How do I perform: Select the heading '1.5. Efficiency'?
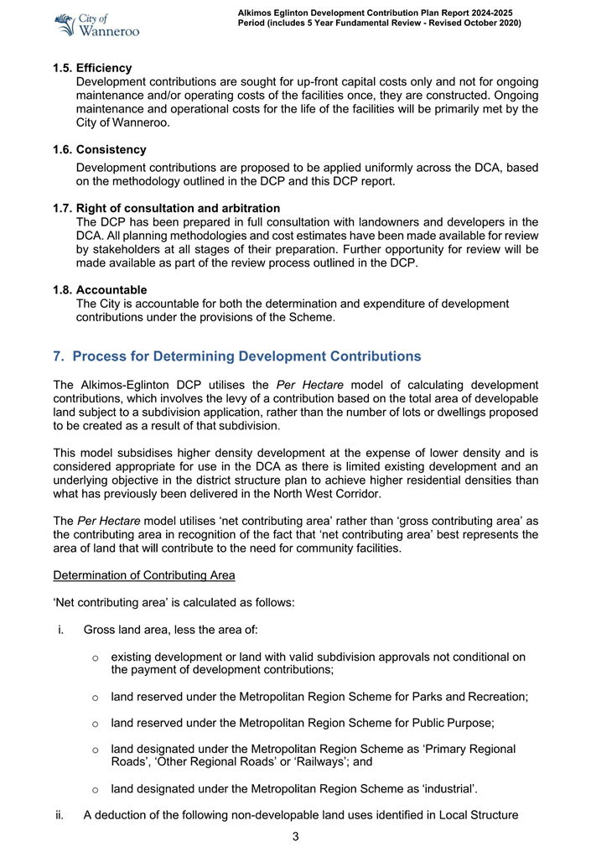[x=92, y=68]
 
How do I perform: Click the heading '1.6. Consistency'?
[x=99, y=149]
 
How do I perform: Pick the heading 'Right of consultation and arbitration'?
[x=178, y=208]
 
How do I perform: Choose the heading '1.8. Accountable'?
[x=99, y=290]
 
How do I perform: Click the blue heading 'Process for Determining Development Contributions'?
[x=246, y=356]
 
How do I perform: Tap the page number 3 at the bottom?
[x=295, y=836]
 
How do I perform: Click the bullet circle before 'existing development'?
[x=96, y=657]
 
